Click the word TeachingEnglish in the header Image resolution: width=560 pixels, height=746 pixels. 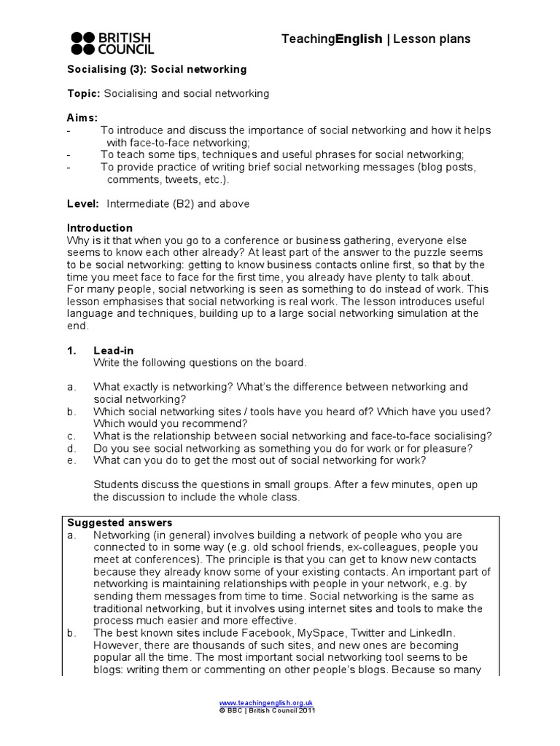point(332,39)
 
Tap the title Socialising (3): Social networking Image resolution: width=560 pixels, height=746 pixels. point(157,70)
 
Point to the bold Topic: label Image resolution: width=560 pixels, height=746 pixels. point(84,94)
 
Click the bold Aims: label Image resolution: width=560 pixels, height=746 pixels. point(82,118)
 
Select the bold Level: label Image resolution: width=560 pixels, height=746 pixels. point(83,204)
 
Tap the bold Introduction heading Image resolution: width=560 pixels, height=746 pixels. point(100,228)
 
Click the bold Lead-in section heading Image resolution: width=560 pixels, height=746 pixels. point(113,350)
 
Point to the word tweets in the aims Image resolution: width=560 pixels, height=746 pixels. point(182,179)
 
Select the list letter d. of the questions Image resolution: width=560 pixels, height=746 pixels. point(71,448)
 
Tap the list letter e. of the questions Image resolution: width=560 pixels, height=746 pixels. point(71,460)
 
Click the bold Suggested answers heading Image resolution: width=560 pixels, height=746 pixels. point(120,522)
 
